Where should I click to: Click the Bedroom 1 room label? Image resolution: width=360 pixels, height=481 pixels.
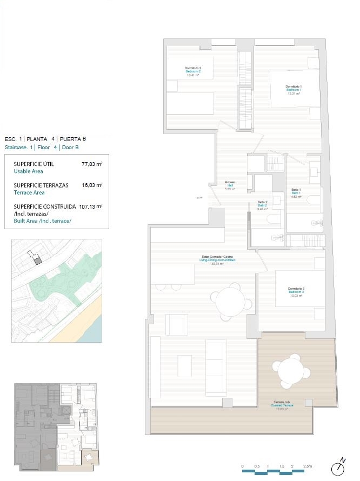294,90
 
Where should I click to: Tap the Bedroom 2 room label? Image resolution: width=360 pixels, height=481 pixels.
193,71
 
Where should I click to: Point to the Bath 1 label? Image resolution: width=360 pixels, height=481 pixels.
296,192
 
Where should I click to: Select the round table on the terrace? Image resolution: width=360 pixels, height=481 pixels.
292,370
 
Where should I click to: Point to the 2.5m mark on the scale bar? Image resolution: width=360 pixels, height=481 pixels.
307,466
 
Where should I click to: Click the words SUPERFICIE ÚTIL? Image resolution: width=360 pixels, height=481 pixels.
34,164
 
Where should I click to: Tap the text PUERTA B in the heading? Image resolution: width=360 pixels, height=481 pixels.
72,139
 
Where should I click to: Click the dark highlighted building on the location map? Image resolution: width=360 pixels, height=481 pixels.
38,260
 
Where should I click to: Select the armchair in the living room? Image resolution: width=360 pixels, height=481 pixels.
177,324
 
